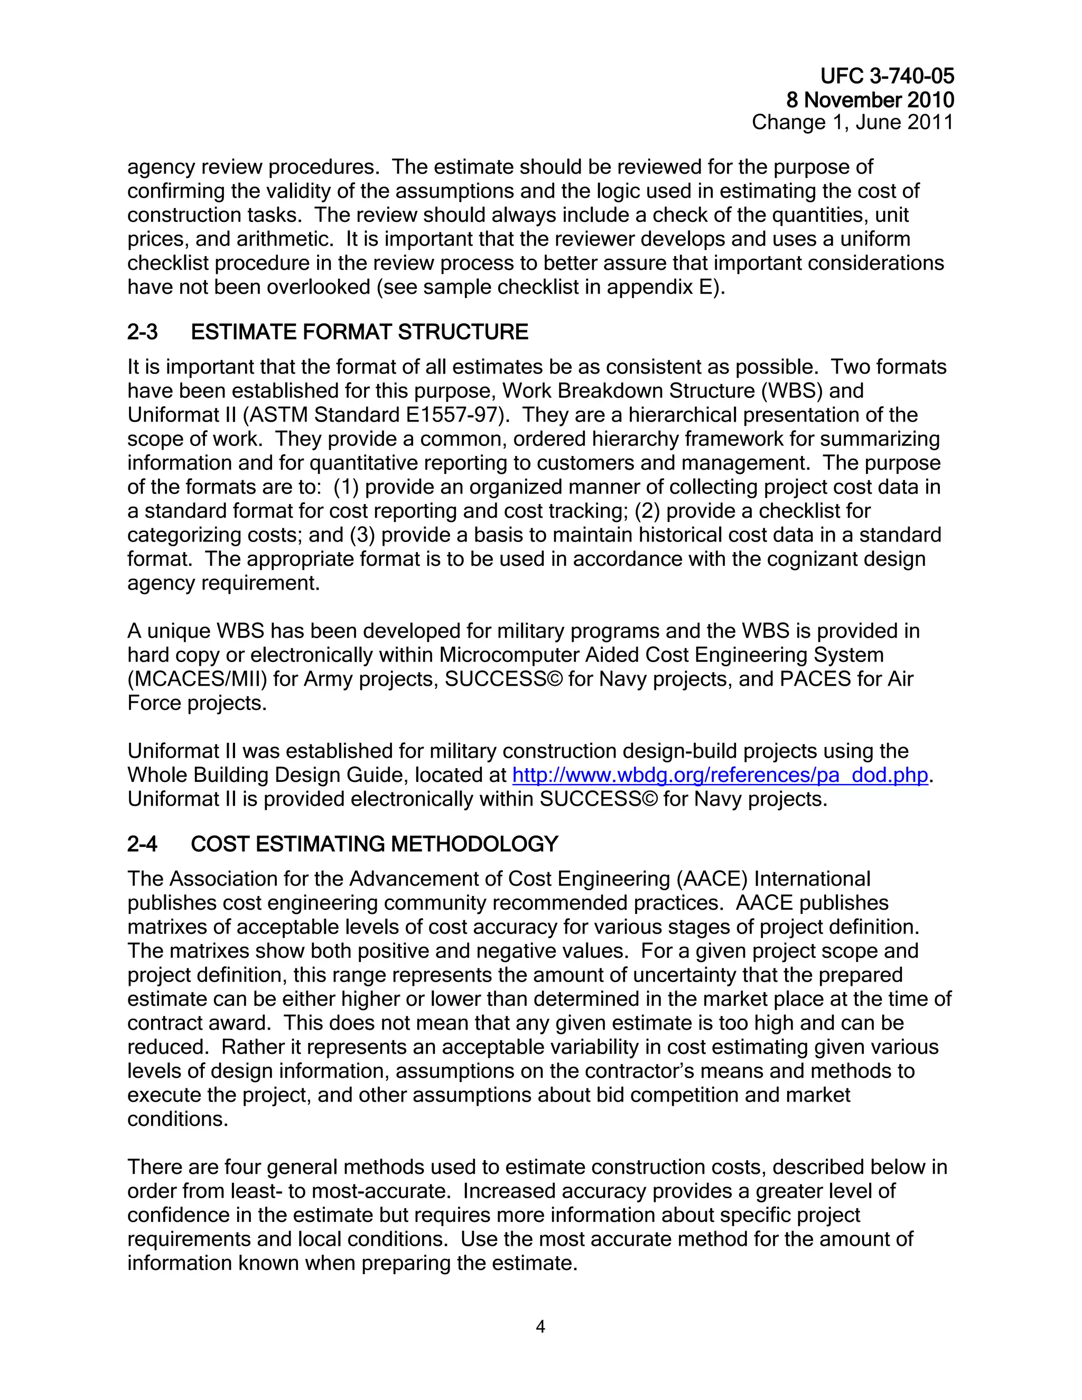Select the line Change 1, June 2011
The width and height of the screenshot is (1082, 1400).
click(853, 123)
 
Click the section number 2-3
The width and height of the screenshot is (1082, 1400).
click(142, 332)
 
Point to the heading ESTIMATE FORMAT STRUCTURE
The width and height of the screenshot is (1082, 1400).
click(360, 332)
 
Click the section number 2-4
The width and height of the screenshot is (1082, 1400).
click(142, 844)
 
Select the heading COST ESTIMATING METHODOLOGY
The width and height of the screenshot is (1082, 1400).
click(375, 844)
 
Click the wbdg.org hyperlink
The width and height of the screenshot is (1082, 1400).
click(720, 776)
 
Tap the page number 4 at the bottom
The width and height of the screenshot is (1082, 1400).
click(540, 1327)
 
